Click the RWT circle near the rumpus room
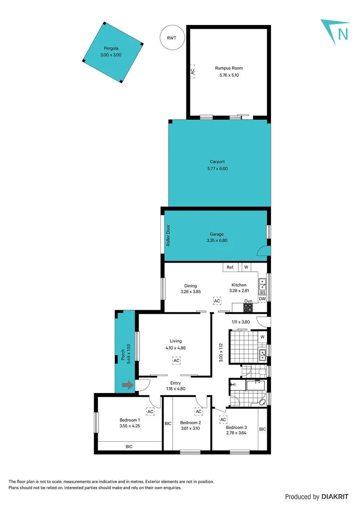coord(172,38)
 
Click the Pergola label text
coord(111,49)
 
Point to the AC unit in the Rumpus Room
coord(192,71)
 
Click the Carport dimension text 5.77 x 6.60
coord(217,168)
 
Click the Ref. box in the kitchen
coord(230,267)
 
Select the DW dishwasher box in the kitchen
coord(262,298)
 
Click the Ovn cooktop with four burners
coord(248,307)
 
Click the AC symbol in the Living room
coord(176,361)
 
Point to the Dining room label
coord(190,286)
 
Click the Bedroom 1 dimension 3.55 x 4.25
coord(129,426)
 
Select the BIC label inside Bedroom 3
coord(262,429)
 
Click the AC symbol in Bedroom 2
coord(199,411)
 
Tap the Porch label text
coord(123,353)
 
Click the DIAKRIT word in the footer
coord(335,496)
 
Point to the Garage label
coord(217,234)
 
